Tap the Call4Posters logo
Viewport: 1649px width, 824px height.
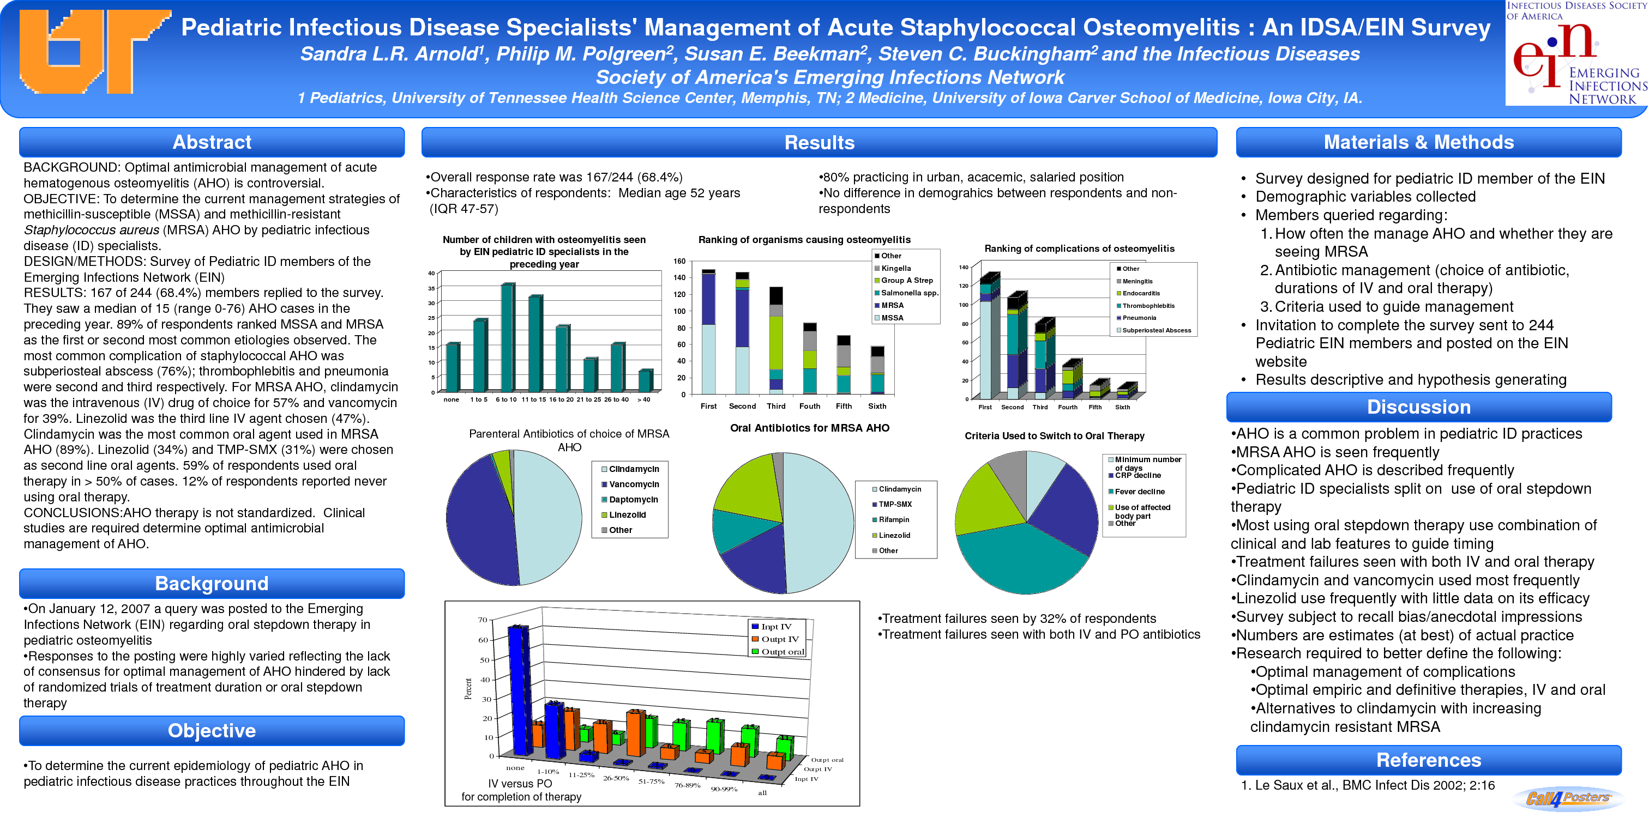(x=1568, y=798)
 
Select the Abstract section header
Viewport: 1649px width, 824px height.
(x=212, y=142)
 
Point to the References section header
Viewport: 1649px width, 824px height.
(x=1428, y=760)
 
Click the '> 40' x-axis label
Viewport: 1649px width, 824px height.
(x=643, y=400)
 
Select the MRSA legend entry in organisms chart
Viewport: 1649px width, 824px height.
(x=892, y=305)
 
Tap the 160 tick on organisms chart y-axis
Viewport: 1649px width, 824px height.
(x=679, y=261)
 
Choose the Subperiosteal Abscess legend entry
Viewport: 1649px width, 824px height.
(x=1155, y=331)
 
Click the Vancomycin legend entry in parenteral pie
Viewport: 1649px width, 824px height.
(x=633, y=484)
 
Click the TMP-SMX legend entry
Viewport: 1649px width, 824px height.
(x=894, y=504)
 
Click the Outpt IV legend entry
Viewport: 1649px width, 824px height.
(x=779, y=639)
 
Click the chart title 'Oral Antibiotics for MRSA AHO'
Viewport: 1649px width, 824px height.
(x=809, y=428)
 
